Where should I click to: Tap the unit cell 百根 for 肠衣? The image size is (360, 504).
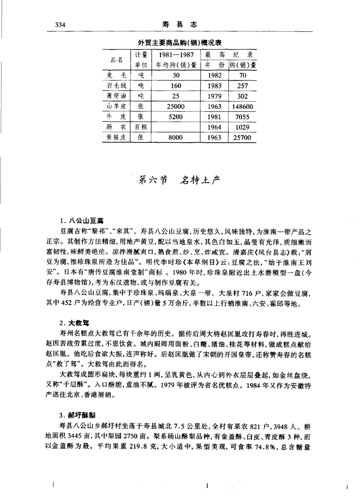click(141, 127)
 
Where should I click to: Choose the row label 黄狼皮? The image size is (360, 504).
click(117, 137)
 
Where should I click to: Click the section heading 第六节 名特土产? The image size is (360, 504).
click(179, 180)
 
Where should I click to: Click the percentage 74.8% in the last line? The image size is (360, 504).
click(269, 447)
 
